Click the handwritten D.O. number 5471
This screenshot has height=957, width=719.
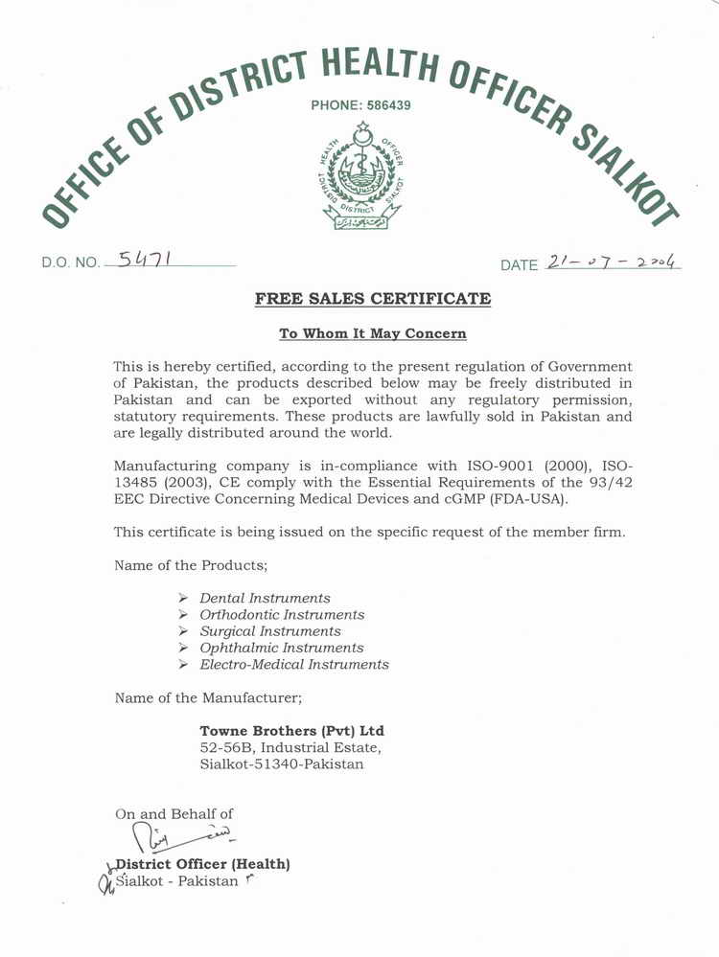[144, 259]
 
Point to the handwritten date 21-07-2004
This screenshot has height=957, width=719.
[611, 262]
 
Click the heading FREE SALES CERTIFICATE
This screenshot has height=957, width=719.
[373, 299]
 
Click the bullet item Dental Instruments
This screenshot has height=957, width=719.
[265, 598]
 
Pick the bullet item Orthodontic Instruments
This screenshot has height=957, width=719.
[282, 614]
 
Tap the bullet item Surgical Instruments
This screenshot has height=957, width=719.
[270, 631]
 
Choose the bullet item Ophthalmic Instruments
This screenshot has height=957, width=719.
[282, 648]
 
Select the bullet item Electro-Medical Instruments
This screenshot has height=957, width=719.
[294, 664]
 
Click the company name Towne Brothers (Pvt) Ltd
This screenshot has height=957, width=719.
[291, 730]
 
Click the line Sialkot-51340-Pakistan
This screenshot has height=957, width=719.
[282, 764]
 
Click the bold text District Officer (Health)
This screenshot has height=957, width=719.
[202, 864]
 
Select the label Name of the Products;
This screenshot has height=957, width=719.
[190, 565]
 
